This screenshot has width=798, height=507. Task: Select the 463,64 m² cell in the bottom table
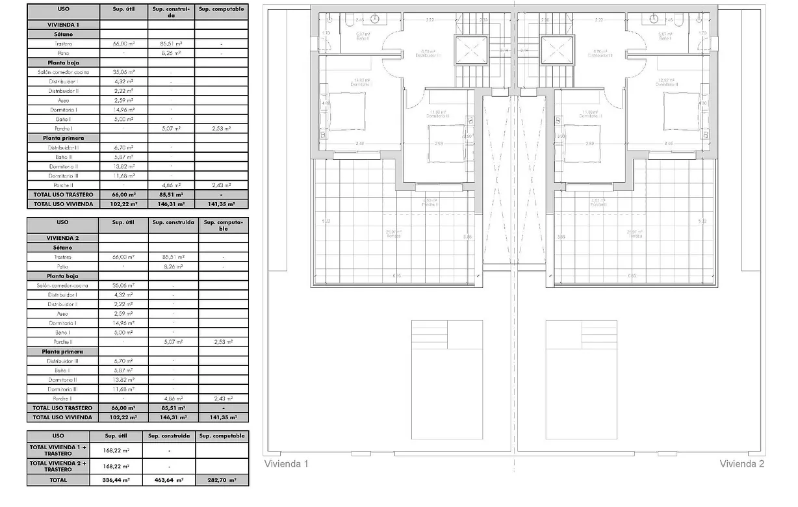tap(169, 480)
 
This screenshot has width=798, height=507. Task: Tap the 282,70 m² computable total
tap(222, 480)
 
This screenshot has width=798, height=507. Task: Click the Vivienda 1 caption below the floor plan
tap(286, 463)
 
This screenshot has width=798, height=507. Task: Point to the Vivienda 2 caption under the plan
tap(742, 463)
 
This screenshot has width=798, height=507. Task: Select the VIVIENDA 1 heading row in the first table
tap(64, 24)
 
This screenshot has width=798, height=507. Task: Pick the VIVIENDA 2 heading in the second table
tap(64, 239)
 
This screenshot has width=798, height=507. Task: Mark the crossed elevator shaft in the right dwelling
tap(557, 50)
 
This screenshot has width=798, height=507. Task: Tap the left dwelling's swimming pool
tap(447, 380)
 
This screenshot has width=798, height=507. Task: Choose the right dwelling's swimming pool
tap(581, 380)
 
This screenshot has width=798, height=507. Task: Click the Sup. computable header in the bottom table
tap(222, 435)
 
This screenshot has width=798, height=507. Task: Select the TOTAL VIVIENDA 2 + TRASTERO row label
tap(58, 466)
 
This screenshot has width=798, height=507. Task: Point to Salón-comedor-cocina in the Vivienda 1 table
tap(64, 72)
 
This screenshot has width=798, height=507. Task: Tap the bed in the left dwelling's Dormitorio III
tap(446, 143)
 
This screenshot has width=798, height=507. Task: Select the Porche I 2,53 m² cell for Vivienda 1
tap(222, 129)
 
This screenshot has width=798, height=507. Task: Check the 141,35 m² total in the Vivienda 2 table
tap(223, 417)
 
